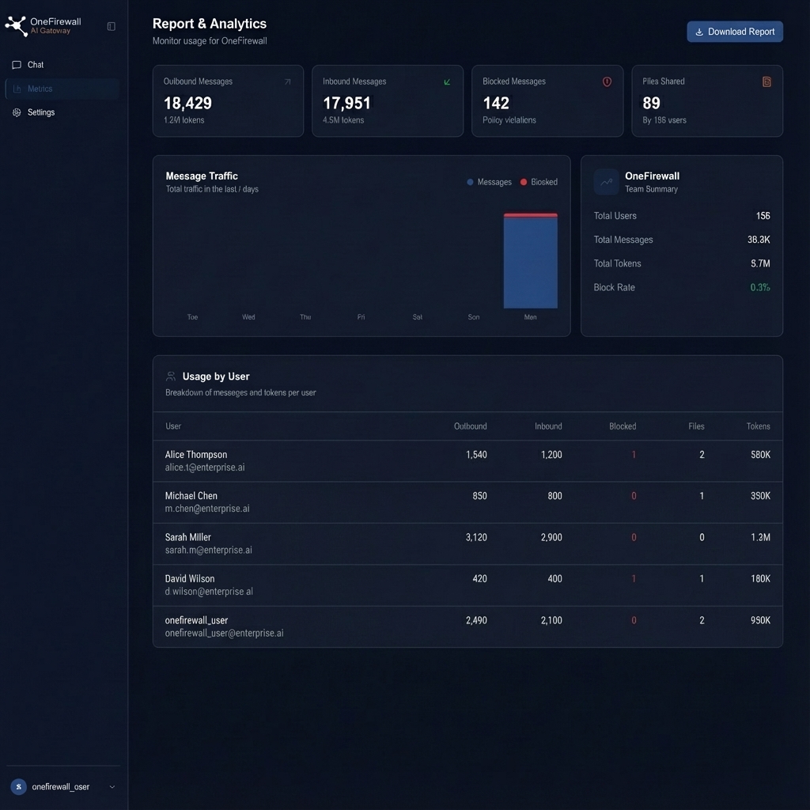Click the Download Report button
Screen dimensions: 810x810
[x=735, y=32]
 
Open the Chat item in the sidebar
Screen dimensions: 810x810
[x=35, y=65]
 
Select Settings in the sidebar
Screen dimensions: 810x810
[x=40, y=112]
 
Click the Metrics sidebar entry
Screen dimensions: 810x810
[x=40, y=89]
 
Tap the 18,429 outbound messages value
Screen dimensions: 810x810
[x=187, y=103]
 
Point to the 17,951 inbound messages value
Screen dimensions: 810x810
[x=346, y=103]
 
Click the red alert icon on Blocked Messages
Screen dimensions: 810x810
[x=607, y=81]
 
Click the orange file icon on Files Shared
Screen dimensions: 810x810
[x=766, y=81]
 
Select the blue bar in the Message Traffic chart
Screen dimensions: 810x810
[x=530, y=263]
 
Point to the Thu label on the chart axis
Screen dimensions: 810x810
[x=305, y=317]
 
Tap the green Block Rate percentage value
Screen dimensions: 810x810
[x=759, y=287]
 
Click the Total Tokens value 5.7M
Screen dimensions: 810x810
[x=759, y=263]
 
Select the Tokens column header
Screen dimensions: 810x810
[x=758, y=426]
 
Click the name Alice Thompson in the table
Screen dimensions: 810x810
[x=196, y=455]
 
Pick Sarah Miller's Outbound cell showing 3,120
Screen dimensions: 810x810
[x=476, y=537]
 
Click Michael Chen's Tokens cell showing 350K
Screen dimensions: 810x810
[x=759, y=496]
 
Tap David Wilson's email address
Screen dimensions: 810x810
[x=209, y=592]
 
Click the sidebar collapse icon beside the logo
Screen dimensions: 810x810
[x=111, y=26]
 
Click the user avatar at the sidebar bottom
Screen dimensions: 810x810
[x=18, y=787]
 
